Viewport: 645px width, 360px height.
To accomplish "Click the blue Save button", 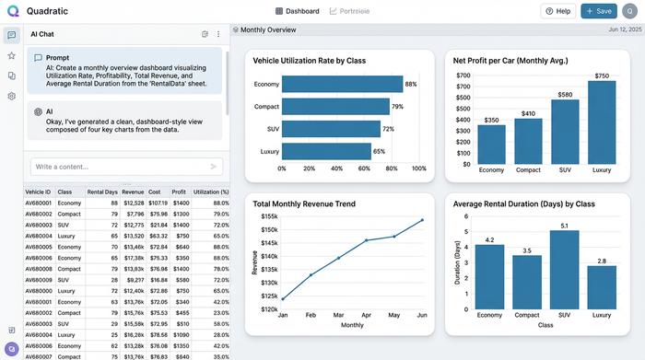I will tap(600, 11).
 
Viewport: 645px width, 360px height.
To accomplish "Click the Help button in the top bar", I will tap(558, 11).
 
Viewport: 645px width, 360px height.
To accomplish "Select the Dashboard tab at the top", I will tap(297, 11).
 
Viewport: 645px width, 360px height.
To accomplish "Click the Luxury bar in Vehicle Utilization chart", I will tap(326, 152).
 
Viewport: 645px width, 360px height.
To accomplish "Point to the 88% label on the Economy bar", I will tap(411, 85).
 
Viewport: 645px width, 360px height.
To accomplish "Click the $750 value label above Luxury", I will tap(602, 75).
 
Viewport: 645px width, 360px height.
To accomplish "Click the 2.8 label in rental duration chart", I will tap(602, 261).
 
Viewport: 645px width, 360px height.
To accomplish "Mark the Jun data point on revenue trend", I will tap(422, 220).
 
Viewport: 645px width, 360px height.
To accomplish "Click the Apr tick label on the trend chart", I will tap(366, 314).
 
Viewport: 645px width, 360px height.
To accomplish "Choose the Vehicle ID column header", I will tap(40, 192).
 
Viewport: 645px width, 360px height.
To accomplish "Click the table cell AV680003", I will tap(40, 226).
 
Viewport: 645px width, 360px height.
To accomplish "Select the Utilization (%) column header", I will tap(211, 192).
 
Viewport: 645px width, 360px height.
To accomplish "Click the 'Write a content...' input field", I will tap(115, 167).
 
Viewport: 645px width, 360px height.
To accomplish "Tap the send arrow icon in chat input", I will tap(214, 167).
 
